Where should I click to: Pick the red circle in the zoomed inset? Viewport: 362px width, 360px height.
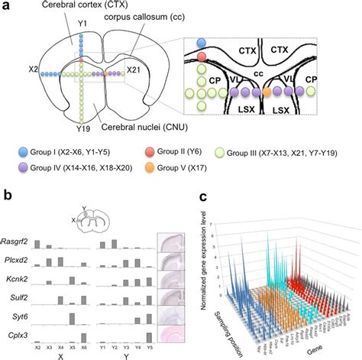pos(202,57)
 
